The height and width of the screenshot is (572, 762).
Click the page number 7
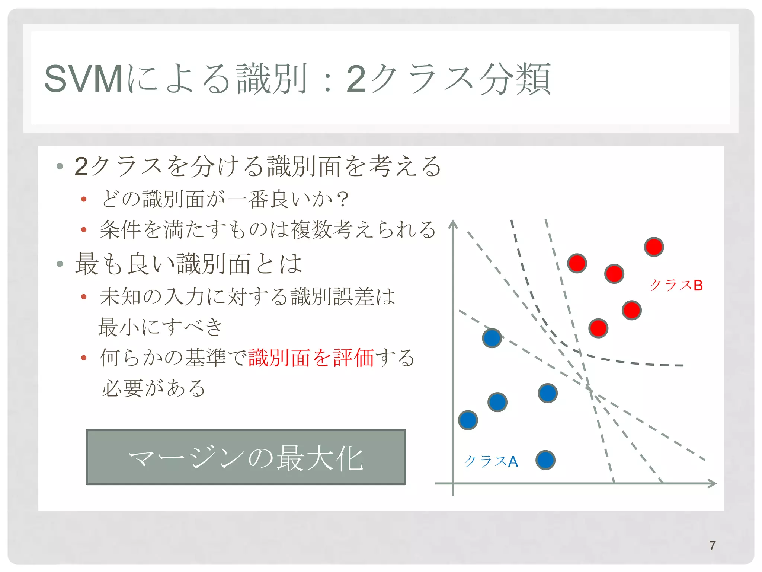point(712,546)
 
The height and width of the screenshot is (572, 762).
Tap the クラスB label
point(676,285)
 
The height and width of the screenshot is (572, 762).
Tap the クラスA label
point(491,461)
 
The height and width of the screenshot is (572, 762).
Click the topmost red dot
point(654,247)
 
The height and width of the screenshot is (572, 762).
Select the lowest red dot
point(598,328)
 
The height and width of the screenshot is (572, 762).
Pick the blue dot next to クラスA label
point(545,460)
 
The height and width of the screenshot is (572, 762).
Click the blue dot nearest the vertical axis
point(468,420)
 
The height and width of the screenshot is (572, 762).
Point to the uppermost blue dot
point(492,338)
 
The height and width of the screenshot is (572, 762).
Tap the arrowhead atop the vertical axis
point(453,224)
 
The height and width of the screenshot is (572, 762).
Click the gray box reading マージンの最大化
point(246,457)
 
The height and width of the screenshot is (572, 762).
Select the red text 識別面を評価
point(311,358)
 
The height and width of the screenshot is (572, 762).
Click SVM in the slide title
point(83,79)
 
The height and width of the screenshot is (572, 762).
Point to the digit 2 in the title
point(356,79)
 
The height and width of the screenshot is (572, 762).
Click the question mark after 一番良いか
point(343,199)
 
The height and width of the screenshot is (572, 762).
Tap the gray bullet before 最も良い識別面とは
point(60,264)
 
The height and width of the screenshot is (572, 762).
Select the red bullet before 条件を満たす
point(84,229)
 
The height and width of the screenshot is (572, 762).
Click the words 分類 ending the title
point(514,79)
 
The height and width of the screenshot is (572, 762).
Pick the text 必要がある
point(153,388)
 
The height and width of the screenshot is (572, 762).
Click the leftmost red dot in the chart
point(577,264)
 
